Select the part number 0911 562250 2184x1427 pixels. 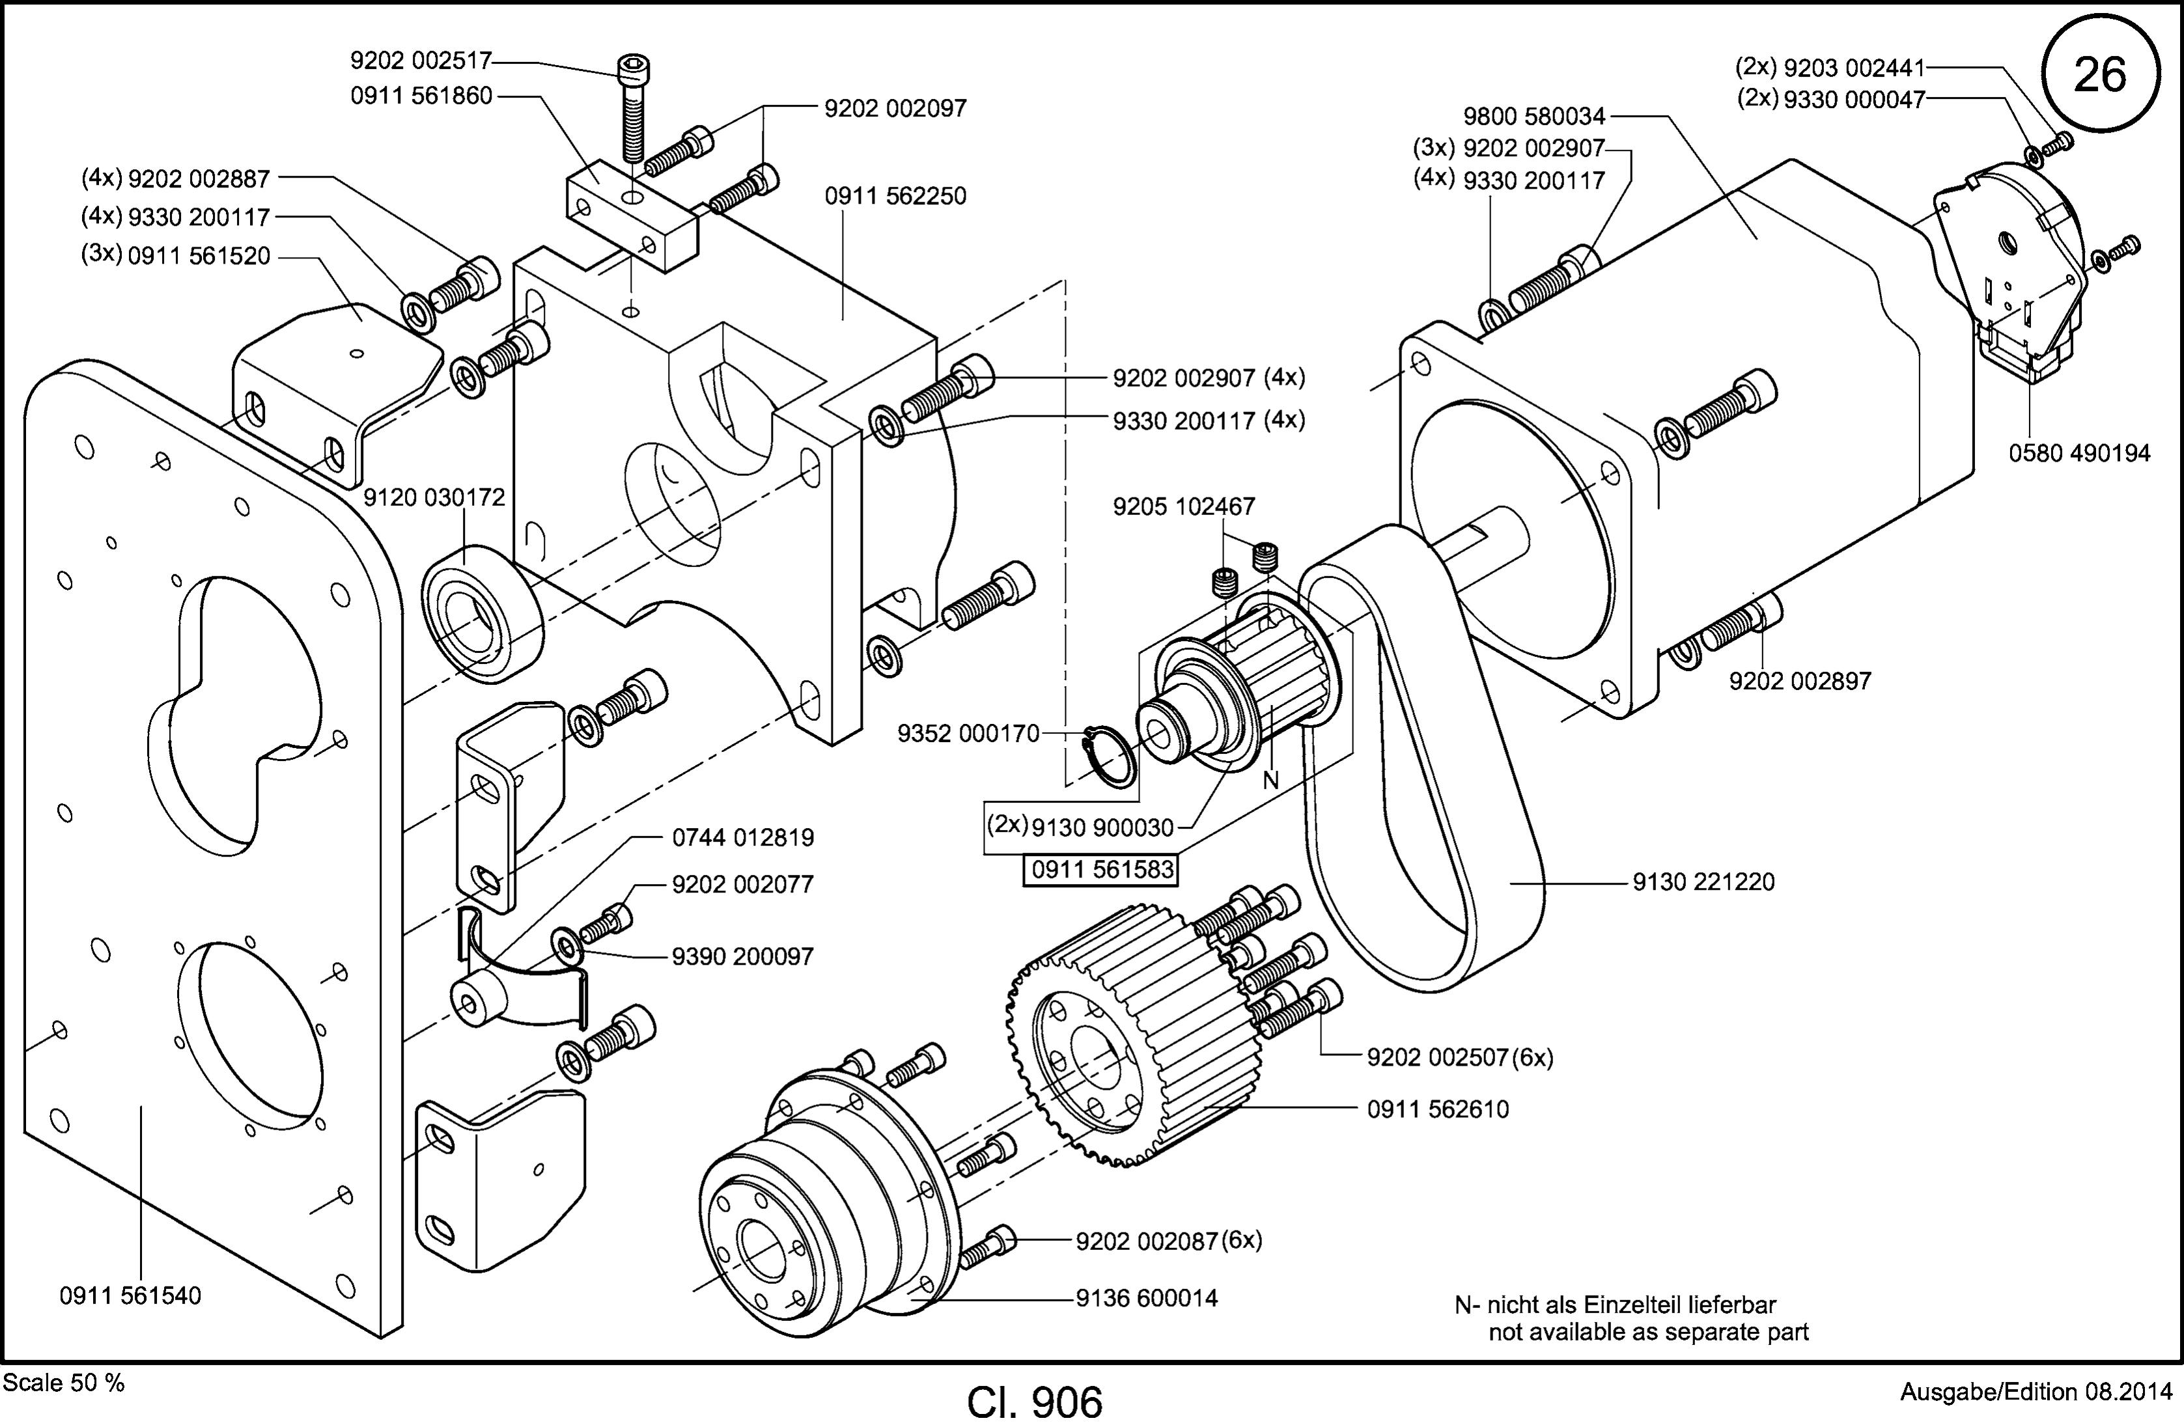[x=895, y=197]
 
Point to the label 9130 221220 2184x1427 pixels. [x=1703, y=882]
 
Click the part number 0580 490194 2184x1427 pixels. [x=2079, y=453]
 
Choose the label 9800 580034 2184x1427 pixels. [x=1534, y=117]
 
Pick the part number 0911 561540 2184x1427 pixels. [x=130, y=1295]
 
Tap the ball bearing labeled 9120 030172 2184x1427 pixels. [x=482, y=613]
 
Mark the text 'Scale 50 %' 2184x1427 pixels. [x=64, y=1383]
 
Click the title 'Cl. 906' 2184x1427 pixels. [x=1034, y=1402]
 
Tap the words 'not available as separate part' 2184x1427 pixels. [x=1648, y=1331]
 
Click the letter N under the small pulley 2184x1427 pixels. [x=1270, y=780]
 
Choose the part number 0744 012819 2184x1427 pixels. [x=743, y=838]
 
